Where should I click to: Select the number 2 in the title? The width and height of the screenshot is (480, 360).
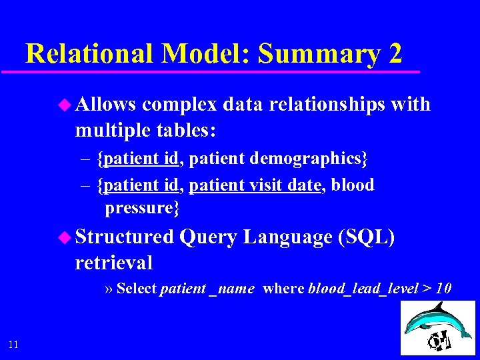[394, 53]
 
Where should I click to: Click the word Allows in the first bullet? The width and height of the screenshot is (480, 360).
[106, 105]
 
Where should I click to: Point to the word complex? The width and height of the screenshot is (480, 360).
[179, 105]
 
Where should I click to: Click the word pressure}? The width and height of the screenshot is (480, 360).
[142, 208]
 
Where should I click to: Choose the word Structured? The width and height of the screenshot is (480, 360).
[124, 237]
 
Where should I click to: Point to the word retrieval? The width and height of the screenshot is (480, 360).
[114, 263]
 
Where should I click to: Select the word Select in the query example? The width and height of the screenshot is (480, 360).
[137, 289]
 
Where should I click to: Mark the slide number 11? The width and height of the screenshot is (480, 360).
[14, 344]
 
